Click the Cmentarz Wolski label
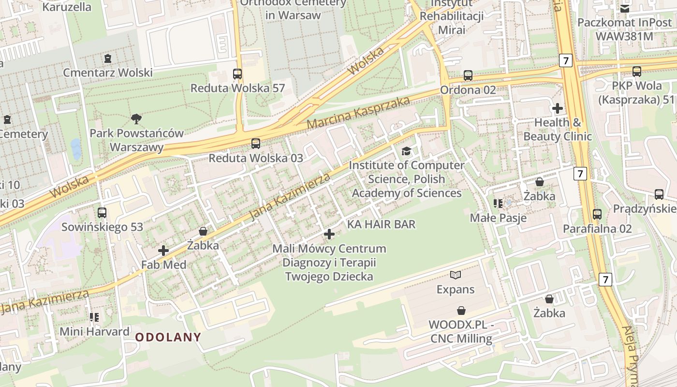[108, 73]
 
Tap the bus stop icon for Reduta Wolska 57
[237, 74]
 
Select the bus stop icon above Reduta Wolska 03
[255, 144]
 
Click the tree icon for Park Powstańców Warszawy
[136, 119]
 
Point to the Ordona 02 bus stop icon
[468, 75]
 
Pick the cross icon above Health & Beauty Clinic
[558, 108]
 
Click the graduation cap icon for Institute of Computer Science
[406, 151]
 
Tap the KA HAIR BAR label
[381, 224]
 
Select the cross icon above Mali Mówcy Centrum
[329, 235]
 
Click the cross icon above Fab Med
[163, 251]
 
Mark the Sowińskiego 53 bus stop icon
[102, 213]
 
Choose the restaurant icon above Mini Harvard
[94, 317]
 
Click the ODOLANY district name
[168, 337]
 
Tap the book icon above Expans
[456, 275]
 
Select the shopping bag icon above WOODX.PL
[461, 310]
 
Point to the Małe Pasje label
[498, 218]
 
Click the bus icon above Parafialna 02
[597, 214]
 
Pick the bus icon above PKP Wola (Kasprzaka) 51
[637, 72]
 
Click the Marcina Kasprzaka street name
[358, 113]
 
